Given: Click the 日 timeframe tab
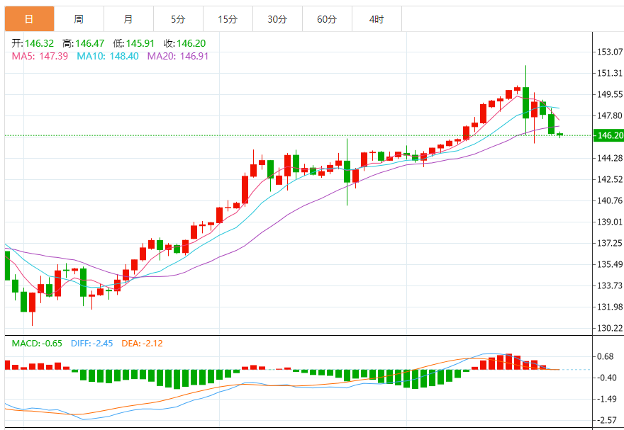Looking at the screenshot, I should [x=28, y=19].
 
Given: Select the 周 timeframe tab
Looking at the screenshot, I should [x=79, y=19].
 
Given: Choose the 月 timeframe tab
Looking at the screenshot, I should [x=128, y=19].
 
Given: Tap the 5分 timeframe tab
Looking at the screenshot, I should [x=178, y=19].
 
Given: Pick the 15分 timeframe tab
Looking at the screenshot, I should [x=228, y=19].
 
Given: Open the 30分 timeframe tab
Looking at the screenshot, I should [x=277, y=19].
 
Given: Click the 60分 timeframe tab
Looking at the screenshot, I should [x=327, y=19].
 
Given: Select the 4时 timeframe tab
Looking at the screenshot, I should [x=377, y=19].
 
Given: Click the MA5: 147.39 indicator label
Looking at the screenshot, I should [x=40, y=56].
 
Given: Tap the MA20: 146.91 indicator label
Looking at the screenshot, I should [x=178, y=56].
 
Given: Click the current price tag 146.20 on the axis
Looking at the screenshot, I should [x=610, y=135].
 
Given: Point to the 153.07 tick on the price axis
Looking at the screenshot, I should [x=610, y=52].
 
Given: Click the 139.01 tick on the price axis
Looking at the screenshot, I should [x=610, y=222].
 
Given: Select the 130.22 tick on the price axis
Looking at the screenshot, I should [x=610, y=328].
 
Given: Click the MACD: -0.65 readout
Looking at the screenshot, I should [x=37, y=344].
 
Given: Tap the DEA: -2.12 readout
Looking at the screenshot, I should [x=142, y=344].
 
